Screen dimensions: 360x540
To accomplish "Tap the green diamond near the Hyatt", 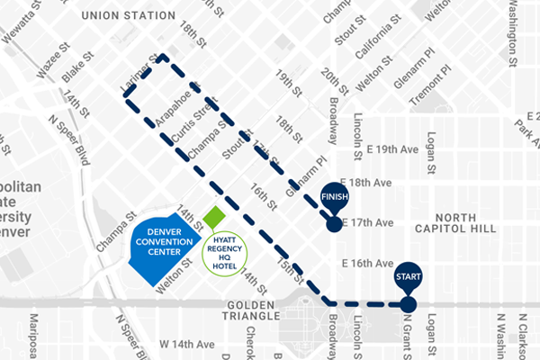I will (214, 218).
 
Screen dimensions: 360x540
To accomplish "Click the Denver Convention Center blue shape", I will (162, 245).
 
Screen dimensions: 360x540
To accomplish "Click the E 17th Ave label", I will (370, 222).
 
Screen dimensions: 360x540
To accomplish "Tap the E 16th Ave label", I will (369, 263).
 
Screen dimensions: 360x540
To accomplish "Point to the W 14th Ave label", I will (187, 345).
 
